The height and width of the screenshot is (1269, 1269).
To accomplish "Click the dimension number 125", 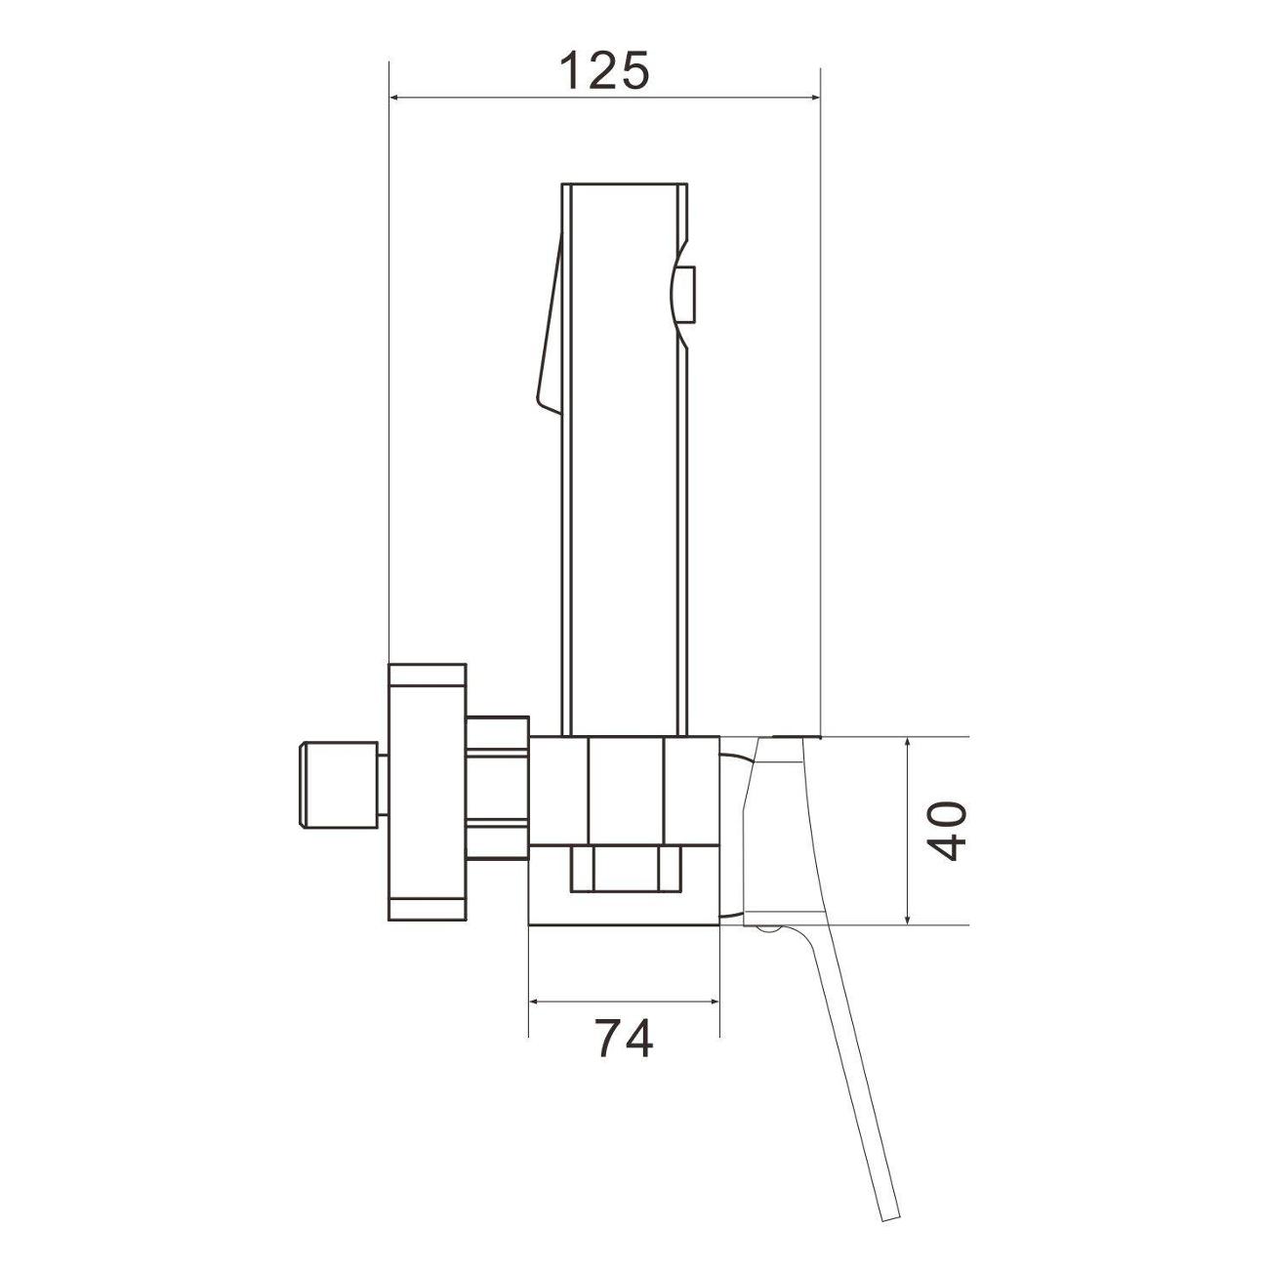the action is click(x=604, y=70).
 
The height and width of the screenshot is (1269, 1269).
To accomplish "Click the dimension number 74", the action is click(x=623, y=1039).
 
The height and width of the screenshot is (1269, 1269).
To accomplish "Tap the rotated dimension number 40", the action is click(x=948, y=831).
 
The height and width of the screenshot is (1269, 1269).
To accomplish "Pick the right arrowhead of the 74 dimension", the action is click(x=713, y=1003).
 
